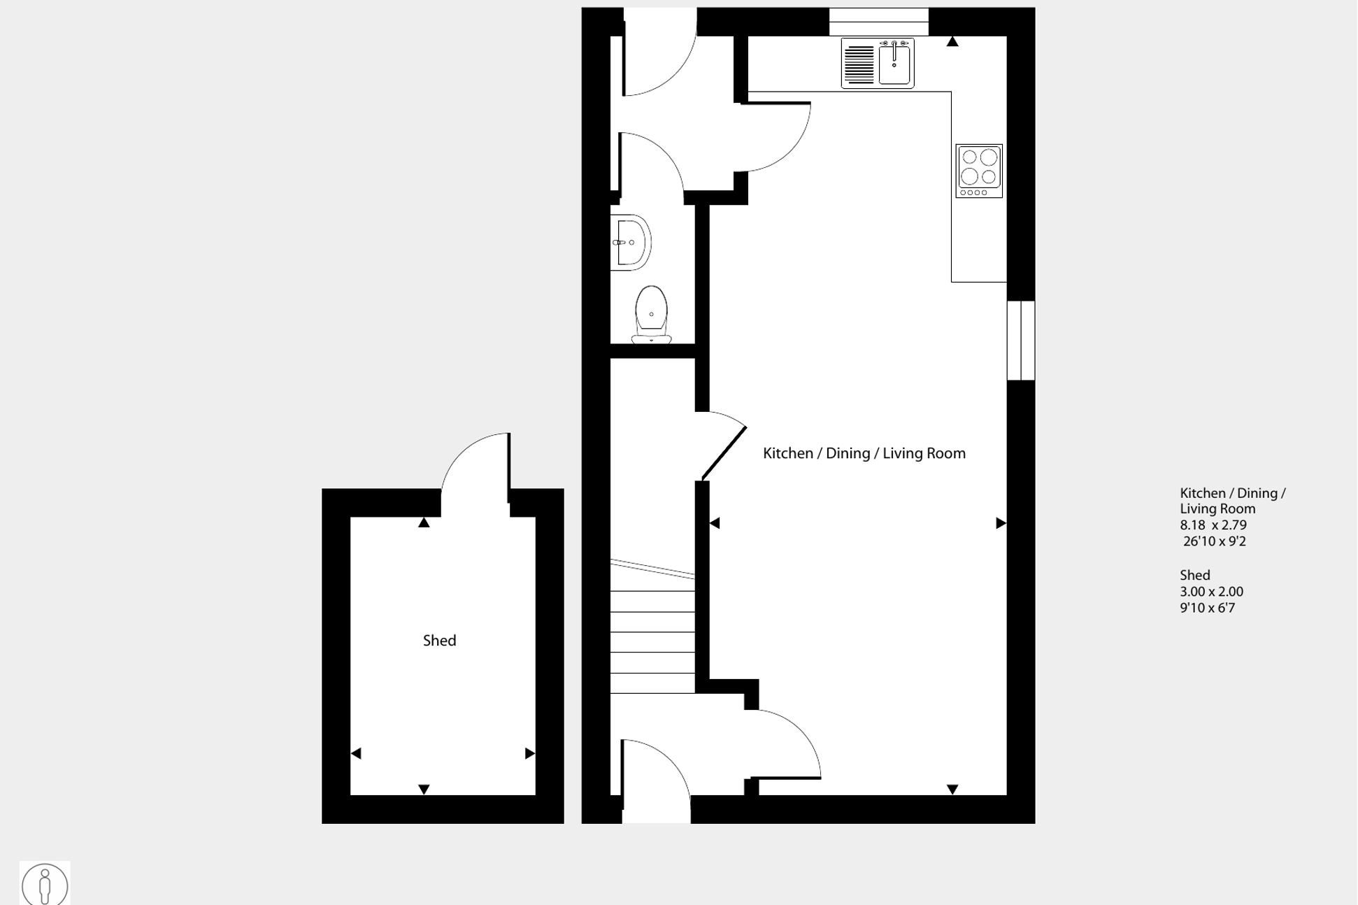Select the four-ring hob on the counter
pos(979,171)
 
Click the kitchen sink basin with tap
pos(895,63)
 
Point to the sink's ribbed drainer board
pos(859,63)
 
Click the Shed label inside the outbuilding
pos(439,641)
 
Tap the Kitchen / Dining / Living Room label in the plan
pos(864,453)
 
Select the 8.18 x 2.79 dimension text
pos(1213,525)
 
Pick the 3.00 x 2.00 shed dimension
pos(1211,592)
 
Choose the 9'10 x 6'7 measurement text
pos(1208,608)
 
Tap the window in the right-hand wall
pos(1021,341)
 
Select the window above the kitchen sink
pos(878,22)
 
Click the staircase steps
pos(652,633)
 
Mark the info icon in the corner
pos(45,885)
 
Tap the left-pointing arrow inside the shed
pos(356,753)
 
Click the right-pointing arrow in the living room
pos(1001,523)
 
